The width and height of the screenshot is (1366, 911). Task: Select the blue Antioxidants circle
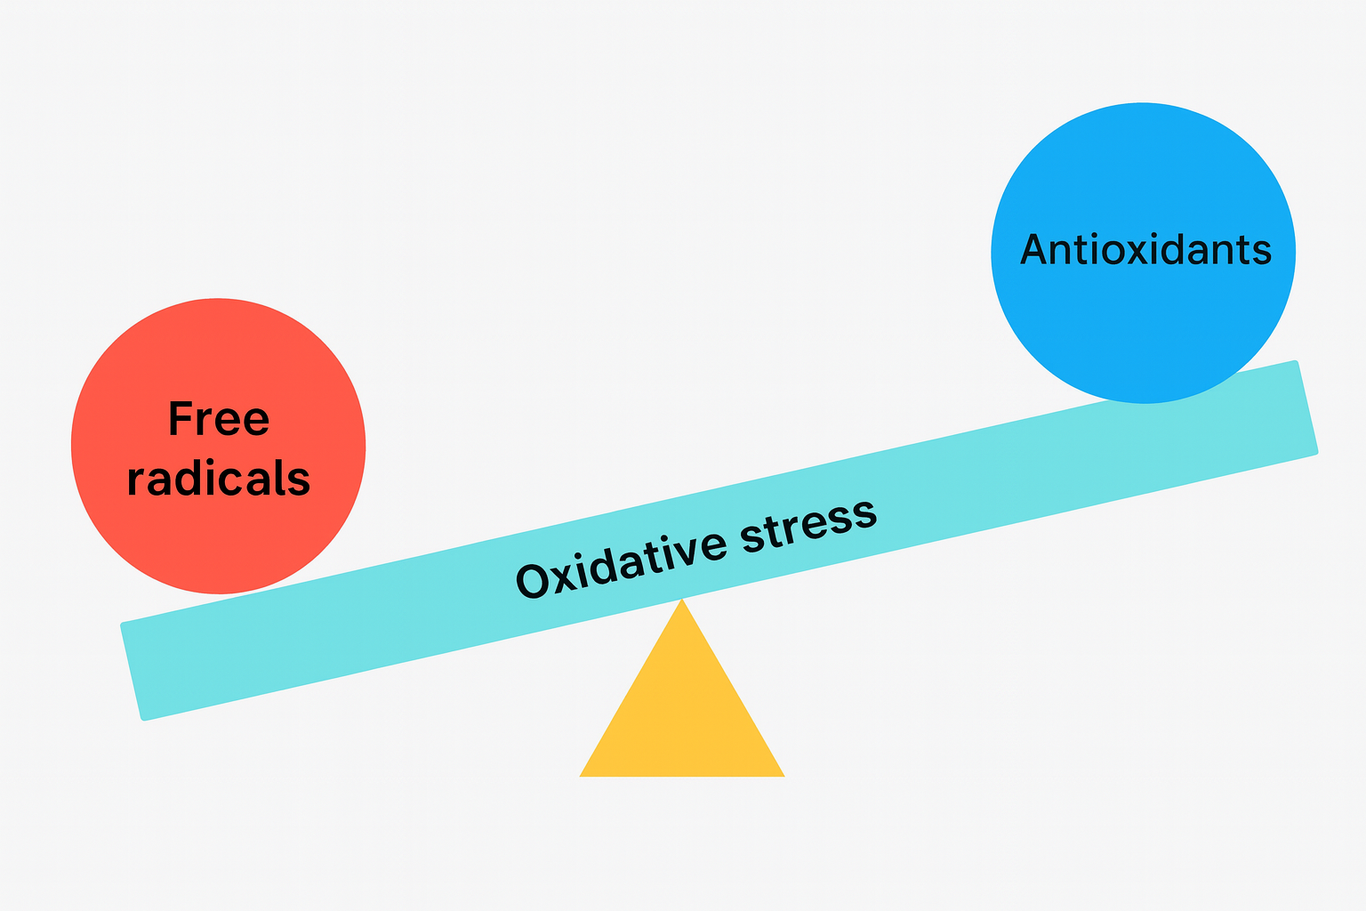(1143, 178)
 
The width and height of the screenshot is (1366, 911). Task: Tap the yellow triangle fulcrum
(682, 712)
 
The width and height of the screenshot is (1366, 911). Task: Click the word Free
(219, 419)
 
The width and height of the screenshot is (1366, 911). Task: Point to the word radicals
(219, 479)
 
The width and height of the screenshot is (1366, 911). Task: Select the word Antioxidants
(1145, 250)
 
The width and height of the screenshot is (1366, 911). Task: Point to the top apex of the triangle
(682, 600)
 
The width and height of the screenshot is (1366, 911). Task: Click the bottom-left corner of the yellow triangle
(581, 776)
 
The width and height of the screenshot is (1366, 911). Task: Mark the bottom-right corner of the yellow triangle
(783, 776)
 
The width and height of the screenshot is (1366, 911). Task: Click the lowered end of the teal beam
(133, 671)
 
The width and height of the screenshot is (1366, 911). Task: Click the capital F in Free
(181, 419)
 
